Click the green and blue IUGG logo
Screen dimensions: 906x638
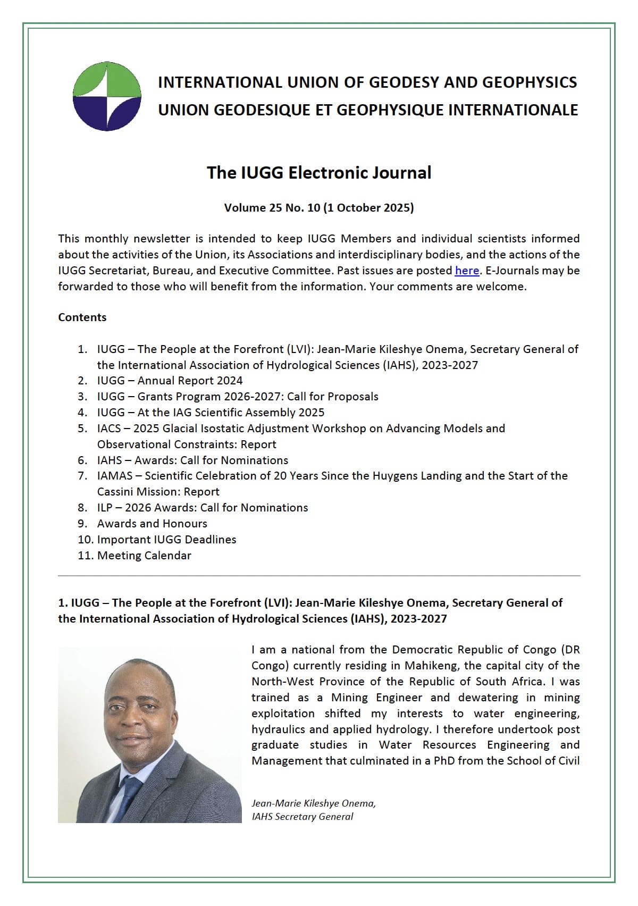pyautogui.click(x=107, y=96)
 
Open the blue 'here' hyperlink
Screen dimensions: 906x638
pyautogui.click(x=467, y=271)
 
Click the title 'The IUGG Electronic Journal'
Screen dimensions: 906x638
pyautogui.click(x=318, y=173)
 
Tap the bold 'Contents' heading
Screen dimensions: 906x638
pyautogui.click(x=82, y=317)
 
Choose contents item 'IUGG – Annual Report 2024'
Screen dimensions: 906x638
pyautogui.click(x=170, y=381)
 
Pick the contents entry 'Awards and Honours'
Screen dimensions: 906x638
pyautogui.click(x=152, y=524)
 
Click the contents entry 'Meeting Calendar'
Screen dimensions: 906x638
pyautogui.click(x=144, y=556)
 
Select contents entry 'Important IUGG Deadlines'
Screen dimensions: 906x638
pyautogui.click(x=166, y=540)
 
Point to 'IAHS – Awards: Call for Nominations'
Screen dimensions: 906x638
pyautogui.click(x=192, y=460)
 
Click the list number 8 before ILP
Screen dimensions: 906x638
pyautogui.click(x=82, y=508)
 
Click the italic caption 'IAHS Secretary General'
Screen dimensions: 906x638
pyautogui.click(x=302, y=817)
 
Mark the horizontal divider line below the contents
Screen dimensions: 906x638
pyautogui.click(x=319, y=576)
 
